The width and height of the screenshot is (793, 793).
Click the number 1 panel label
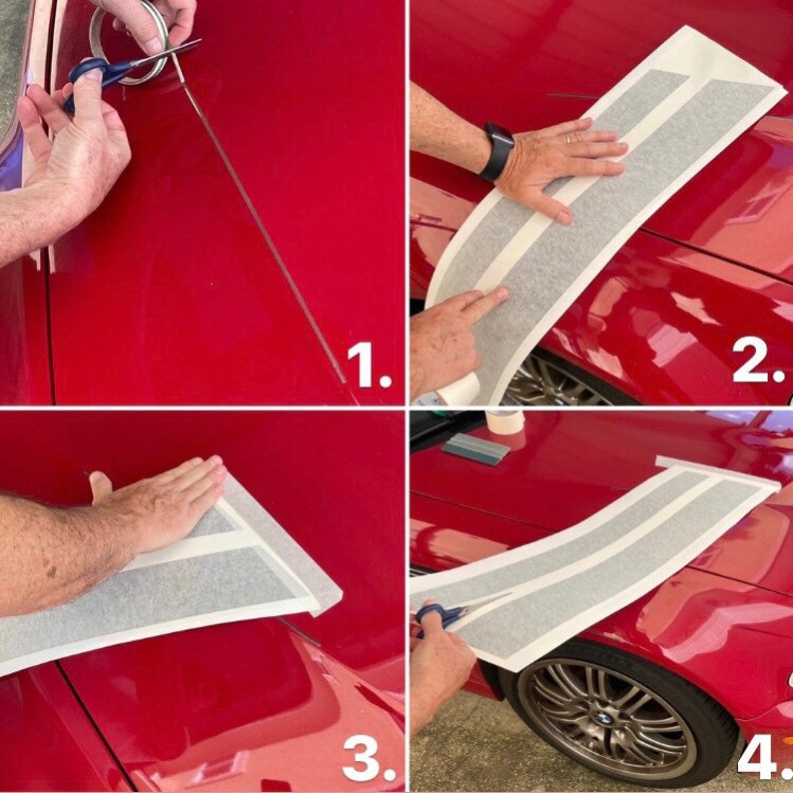pos(369,365)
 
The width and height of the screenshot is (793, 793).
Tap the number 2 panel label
pos(758,360)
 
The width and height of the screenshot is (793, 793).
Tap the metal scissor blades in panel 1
pos(165,54)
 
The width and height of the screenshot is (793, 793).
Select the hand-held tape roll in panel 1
pos(129,43)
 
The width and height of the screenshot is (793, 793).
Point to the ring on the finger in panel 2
pos(570,138)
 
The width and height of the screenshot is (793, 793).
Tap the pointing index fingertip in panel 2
pos(499,294)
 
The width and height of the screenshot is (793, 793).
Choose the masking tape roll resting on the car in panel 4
pos(504,420)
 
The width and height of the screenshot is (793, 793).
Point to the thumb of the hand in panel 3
pos(101,487)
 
